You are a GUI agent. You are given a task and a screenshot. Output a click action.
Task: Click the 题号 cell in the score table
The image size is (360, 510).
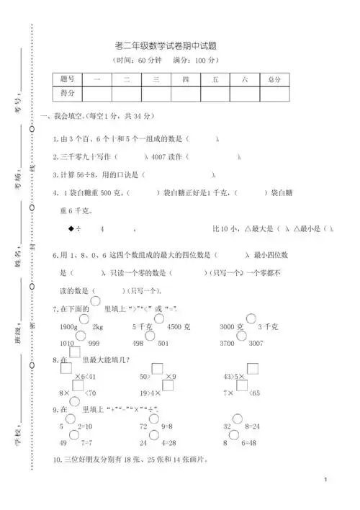(x=68, y=79)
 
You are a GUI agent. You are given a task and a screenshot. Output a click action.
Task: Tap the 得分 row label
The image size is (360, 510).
(x=68, y=94)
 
